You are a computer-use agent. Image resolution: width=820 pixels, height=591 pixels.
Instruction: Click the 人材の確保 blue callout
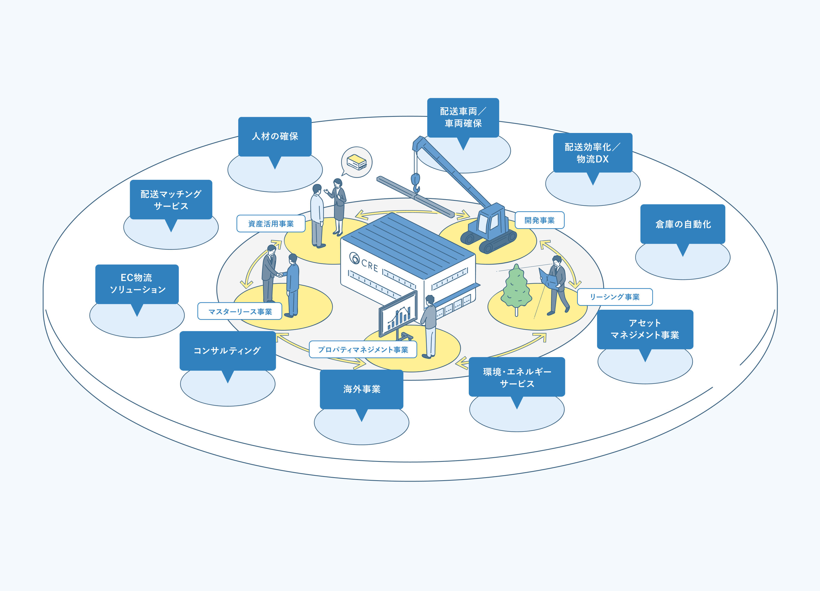(275, 137)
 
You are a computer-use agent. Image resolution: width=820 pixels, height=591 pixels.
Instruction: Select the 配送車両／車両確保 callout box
(463, 117)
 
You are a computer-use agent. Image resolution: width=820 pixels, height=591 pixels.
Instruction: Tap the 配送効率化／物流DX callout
(593, 153)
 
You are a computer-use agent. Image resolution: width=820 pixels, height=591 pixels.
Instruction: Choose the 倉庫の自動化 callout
(683, 224)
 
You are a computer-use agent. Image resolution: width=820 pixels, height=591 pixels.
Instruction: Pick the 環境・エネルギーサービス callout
(517, 377)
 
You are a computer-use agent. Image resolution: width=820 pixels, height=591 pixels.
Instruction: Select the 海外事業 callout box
(362, 389)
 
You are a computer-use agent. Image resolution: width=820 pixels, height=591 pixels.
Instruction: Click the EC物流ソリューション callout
(137, 284)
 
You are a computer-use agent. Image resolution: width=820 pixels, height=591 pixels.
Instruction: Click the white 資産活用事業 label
(271, 224)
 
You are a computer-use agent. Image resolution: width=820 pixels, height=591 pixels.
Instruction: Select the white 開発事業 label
(540, 220)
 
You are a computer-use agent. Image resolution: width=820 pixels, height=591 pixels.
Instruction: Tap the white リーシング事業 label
(615, 297)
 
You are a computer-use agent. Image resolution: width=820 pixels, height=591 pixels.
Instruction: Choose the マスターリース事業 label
(240, 311)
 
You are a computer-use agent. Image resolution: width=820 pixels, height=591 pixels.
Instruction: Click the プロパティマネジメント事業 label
(363, 349)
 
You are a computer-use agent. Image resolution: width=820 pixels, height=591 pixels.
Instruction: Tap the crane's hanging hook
(416, 183)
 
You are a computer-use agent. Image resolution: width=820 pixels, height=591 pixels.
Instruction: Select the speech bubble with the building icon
(356, 162)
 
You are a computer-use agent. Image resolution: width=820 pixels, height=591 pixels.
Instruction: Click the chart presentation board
(398, 314)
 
